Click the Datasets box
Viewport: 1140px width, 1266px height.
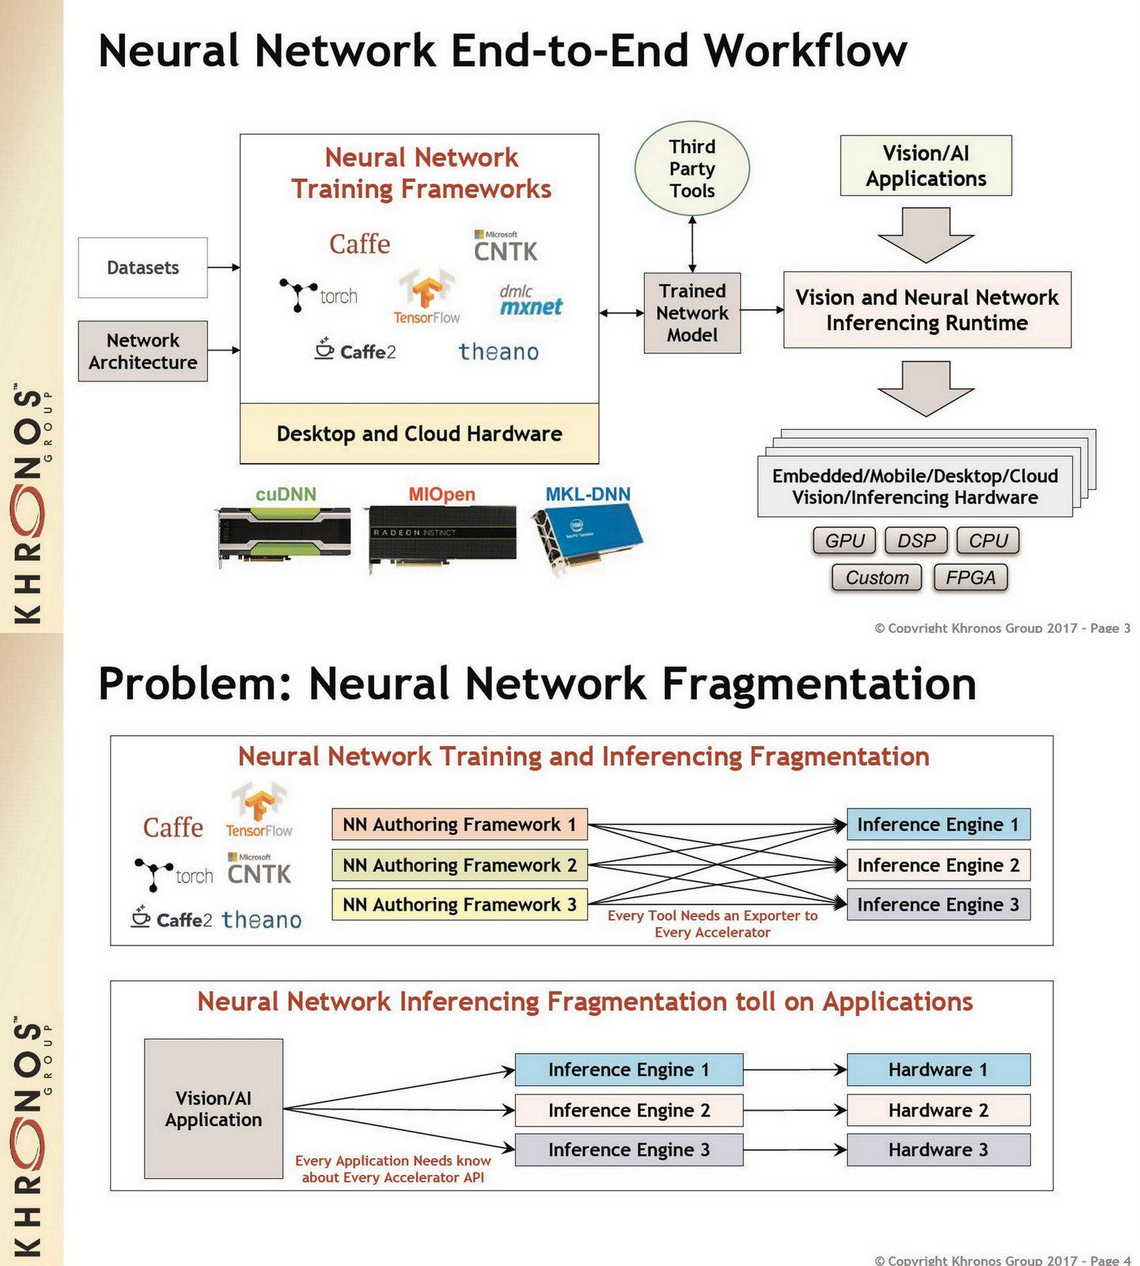coord(142,267)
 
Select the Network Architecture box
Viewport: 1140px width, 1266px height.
coord(142,351)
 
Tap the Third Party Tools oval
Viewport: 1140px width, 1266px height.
coord(691,169)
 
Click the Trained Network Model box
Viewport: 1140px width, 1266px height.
coord(691,313)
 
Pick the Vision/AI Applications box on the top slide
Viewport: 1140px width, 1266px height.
coord(926,166)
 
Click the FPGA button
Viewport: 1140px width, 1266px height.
coord(970,578)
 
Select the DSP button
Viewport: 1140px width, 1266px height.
coord(916,540)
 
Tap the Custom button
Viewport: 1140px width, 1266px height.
coord(877,578)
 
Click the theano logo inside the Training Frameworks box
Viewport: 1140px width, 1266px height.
coord(498,351)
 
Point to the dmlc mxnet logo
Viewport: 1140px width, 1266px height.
coord(530,301)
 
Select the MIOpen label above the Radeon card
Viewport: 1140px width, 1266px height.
coord(441,495)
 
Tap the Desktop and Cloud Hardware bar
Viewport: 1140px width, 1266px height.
coord(419,434)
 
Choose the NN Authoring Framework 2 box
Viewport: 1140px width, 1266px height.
coord(459,865)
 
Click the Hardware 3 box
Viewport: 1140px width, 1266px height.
coord(938,1150)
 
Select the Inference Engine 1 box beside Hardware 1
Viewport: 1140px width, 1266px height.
coord(628,1070)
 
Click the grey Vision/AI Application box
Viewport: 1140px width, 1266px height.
coord(214,1109)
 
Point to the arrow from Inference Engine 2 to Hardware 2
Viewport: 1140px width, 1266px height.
coord(794,1110)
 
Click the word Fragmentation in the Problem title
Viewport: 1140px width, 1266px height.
coord(819,684)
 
